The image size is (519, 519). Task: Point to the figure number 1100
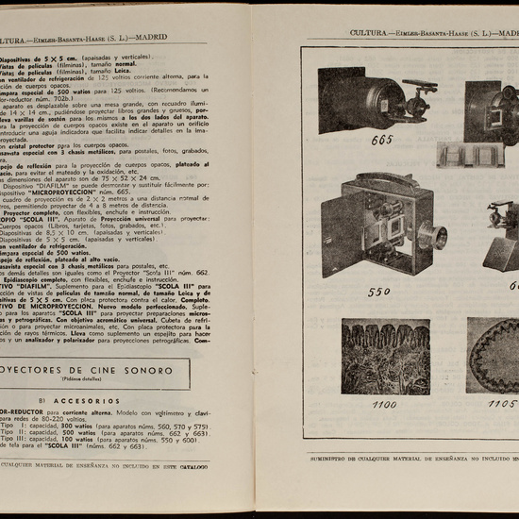(x=358, y=404)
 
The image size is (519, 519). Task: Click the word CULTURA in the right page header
(x=367, y=33)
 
